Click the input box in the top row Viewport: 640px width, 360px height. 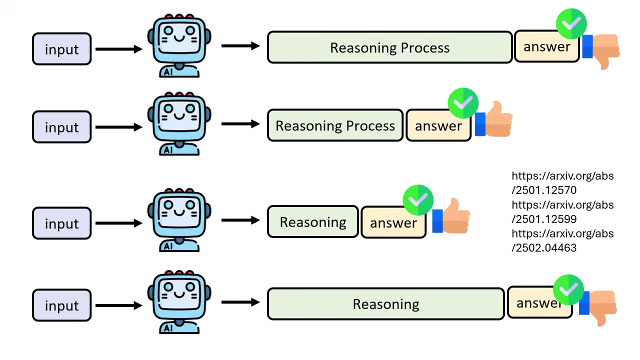pos(61,49)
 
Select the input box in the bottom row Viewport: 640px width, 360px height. pos(61,305)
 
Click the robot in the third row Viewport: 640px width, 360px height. pos(179,220)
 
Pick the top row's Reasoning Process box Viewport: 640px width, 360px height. pos(389,47)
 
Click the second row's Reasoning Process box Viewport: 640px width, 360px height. pos(335,125)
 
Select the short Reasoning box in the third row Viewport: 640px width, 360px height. pos(313,221)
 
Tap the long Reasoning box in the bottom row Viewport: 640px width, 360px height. pos(385,303)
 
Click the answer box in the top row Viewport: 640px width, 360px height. pos(546,47)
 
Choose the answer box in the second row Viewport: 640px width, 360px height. pos(438,126)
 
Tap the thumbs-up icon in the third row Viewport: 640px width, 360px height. pos(451,217)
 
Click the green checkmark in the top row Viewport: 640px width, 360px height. pos(571,23)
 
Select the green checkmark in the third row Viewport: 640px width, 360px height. pos(418,200)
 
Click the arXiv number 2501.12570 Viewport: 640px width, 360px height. pos(544,190)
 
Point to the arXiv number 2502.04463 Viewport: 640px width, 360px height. pos(544,247)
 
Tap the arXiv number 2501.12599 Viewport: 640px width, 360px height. pos(544,219)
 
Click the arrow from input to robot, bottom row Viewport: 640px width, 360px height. pos(118,305)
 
